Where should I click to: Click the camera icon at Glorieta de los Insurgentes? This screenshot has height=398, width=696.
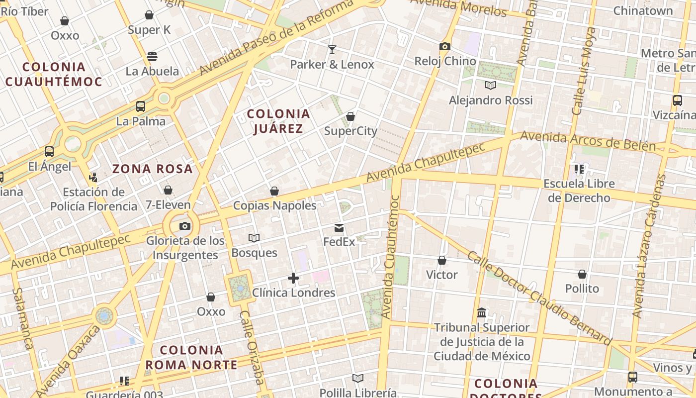(x=184, y=226)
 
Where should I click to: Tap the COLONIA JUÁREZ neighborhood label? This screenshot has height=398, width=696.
(x=278, y=121)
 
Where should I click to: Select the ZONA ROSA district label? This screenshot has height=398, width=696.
(x=152, y=169)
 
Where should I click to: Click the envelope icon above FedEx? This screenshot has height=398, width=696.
(x=339, y=228)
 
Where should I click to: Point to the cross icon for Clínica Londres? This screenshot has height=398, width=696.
(x=293, y=278)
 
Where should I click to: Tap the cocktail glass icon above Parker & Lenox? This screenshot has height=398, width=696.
(x=332, y=50)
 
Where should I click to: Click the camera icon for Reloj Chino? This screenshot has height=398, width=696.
(x=445, y=47)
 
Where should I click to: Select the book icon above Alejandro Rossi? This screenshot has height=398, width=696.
(x=491, y=86)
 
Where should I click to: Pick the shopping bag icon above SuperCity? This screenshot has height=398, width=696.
(x=350, y=116)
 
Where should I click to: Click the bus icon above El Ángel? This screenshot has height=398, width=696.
(x=49, y=152)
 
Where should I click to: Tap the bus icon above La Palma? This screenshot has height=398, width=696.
(x=141, y=106)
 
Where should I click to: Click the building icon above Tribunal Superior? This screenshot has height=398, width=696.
(x=482, y=313)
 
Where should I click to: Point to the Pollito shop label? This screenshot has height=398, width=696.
(x=582, y=289)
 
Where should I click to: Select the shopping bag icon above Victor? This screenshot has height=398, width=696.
(x=441, y=260)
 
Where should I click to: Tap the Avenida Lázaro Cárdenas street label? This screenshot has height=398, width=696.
(x=649, y=246)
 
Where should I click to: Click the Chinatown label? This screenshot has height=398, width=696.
(x=643, y=10)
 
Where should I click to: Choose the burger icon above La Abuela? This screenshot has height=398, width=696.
(x=152, y=57)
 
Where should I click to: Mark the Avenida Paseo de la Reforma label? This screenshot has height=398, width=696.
(x=276, y=37)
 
